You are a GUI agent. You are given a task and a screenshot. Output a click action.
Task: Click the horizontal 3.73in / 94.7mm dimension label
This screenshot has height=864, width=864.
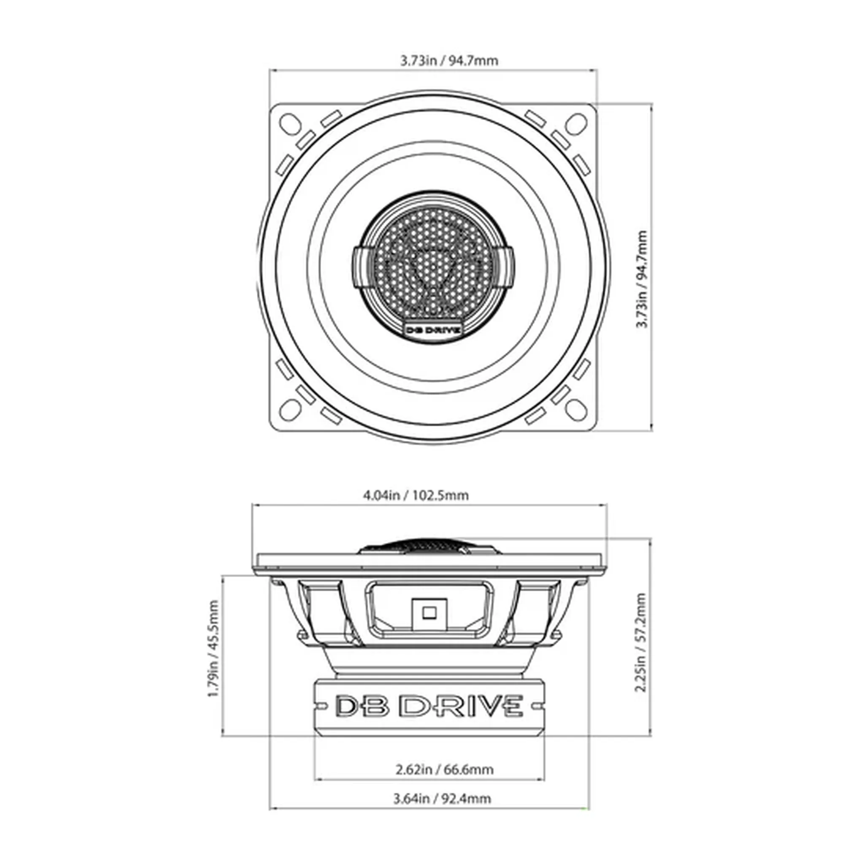coord(448,60)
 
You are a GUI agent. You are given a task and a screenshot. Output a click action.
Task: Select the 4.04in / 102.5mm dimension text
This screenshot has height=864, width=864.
coord(416,496)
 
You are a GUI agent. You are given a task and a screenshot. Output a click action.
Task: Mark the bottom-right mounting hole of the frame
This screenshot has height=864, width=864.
coord(577,409)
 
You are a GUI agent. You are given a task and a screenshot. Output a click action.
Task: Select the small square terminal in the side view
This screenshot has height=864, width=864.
coord(429,612)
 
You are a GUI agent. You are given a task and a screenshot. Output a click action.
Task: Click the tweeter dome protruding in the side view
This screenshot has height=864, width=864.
coord(429,547)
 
